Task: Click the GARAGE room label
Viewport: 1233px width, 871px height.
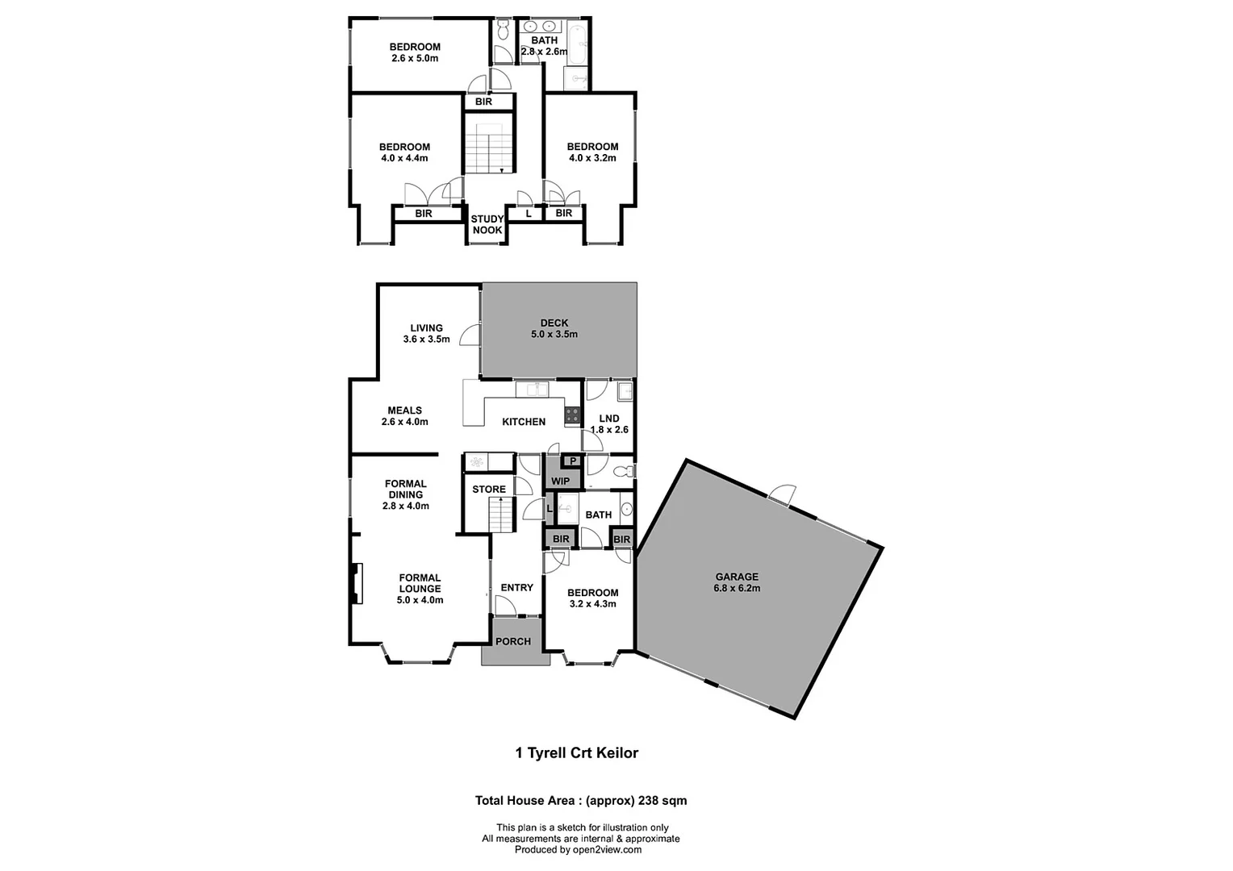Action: point(737,577)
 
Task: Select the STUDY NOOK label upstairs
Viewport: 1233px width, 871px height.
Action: point(487,224)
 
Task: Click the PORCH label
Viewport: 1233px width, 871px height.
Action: point(513,641)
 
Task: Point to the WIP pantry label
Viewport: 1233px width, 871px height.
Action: point(560,481)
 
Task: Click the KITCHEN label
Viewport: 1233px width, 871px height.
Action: point(524,422)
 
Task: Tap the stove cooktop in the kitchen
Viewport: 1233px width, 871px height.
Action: point(572,415)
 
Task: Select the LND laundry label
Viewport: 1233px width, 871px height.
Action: point(609,418)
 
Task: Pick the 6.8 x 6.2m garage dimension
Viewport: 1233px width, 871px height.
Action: point(737,589)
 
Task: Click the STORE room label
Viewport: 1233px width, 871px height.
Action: point(489,490)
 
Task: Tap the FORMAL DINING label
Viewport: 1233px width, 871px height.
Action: point(405,490)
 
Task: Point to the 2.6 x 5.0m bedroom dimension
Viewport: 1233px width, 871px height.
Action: point(415,58)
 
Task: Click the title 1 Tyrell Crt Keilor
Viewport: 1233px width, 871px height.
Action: point(576,753)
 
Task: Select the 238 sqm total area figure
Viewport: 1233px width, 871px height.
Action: point(662,801)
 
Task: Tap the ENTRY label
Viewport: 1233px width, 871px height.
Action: point(516,587)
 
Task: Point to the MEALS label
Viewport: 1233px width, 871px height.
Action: point(404,410)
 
